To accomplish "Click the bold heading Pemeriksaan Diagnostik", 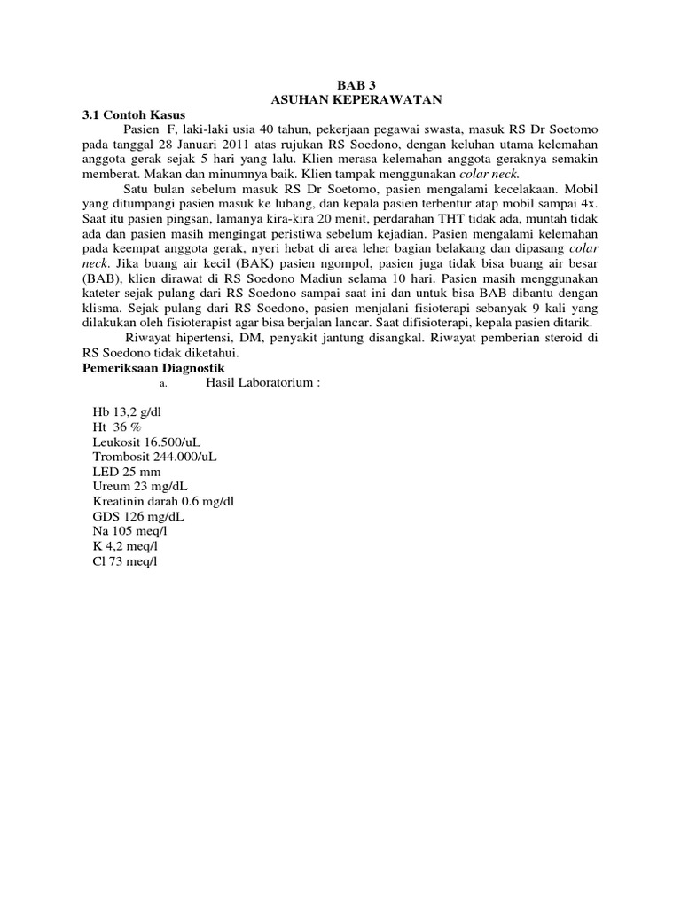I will click(x=156, y=367).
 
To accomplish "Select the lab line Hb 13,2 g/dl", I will click(x=128, y=412).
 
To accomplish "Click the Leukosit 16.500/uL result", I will click(x=152, y=442).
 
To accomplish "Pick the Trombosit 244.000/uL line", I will click(x=155, y=456).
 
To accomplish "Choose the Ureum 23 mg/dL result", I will click(x=140, y=485).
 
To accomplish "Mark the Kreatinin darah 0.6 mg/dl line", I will click(x=163, y=500).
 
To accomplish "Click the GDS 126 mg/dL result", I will click(x=137, y=514).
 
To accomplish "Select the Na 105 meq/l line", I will click(x=129, y=529).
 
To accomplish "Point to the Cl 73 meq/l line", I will click(x=124, y=558).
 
